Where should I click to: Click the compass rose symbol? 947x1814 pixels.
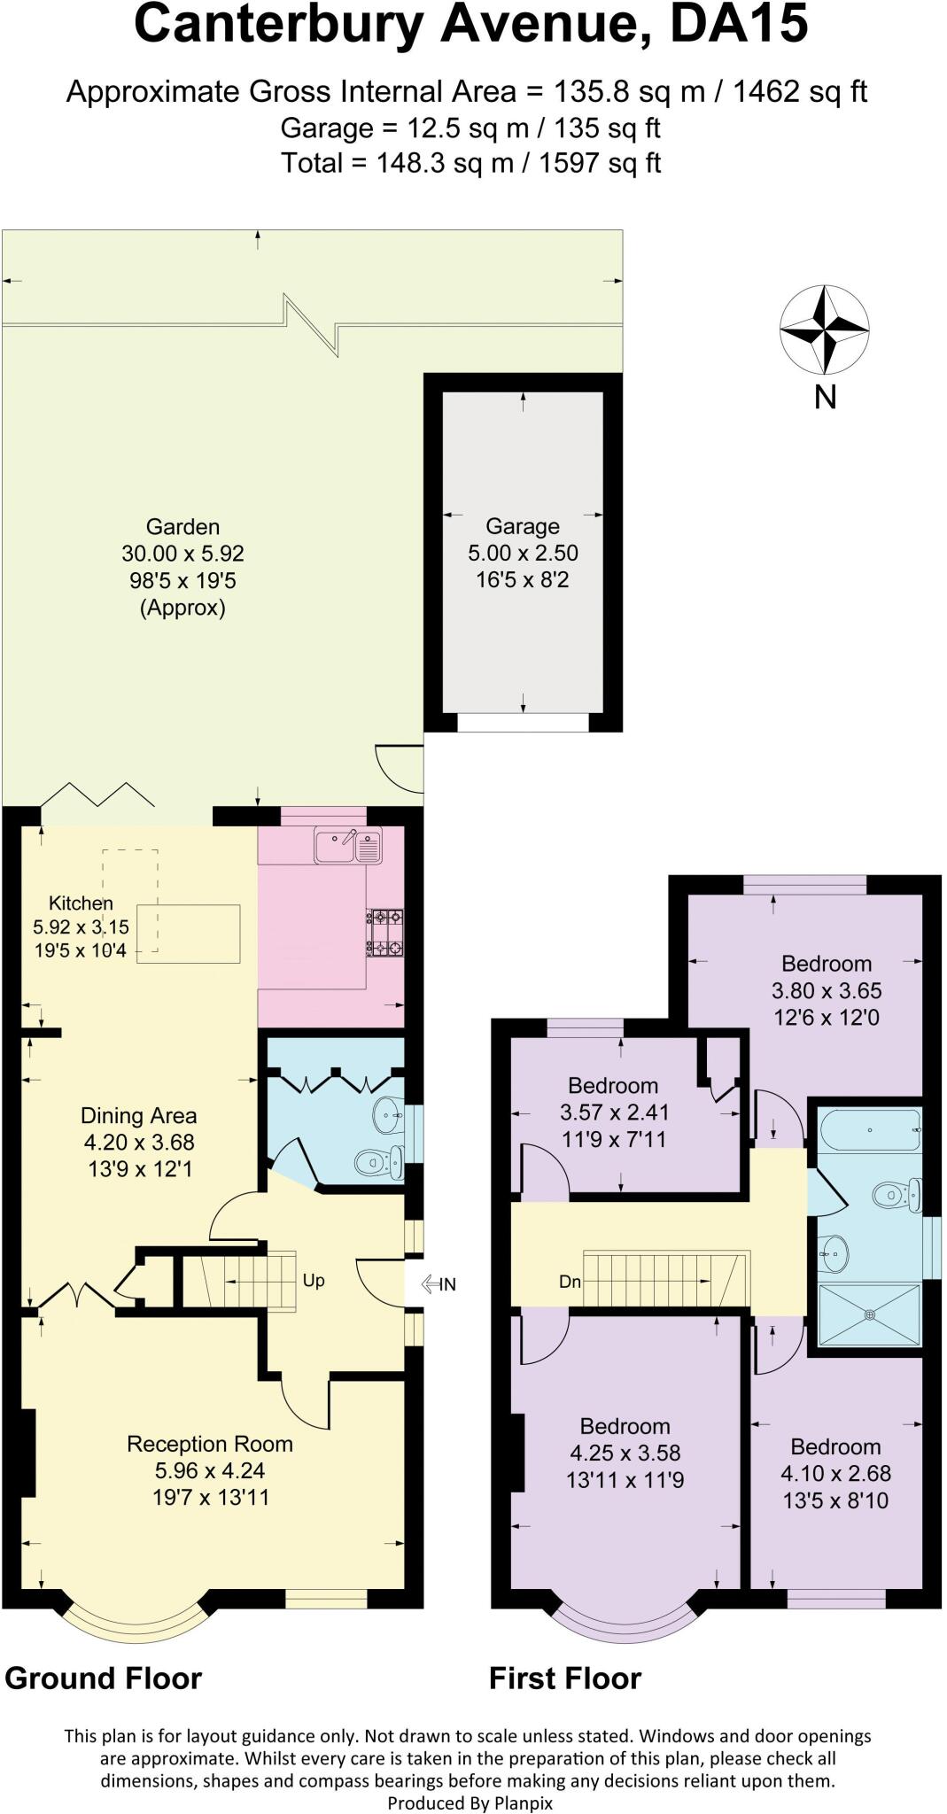point(824,329)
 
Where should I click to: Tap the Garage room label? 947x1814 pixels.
point(523,526)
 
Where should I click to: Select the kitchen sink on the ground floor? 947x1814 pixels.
point(347,846)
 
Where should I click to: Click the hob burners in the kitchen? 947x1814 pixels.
point(384,933)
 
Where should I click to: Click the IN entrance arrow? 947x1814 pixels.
point(439,1283)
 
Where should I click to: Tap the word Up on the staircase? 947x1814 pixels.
point(314,1280)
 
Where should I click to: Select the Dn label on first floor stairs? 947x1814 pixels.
point(570,1281)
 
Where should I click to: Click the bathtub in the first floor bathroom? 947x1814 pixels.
point(871,1131)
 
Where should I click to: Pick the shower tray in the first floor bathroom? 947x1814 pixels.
point(869,1314)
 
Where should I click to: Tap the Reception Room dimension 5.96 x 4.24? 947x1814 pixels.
point(210,1470)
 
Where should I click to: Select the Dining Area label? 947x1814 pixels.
point(138,1116)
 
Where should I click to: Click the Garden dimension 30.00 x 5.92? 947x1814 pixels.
point(182,554)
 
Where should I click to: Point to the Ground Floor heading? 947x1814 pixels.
point(104,1678)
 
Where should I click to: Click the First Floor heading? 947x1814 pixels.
point(565,1678)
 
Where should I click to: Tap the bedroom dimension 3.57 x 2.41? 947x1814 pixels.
point(614,1112)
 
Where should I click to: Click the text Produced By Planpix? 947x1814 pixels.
point(470,1802)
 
